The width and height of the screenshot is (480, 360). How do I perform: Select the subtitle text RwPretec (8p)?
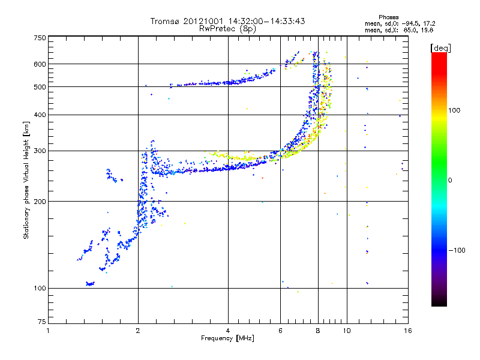[227, 29]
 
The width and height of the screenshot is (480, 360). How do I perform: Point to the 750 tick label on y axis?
[40, 38]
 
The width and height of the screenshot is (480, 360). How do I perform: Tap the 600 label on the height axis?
[40, 64]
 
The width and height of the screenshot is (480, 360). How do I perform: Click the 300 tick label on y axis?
[40, 151]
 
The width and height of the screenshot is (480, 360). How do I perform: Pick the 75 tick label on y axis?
[42, 322]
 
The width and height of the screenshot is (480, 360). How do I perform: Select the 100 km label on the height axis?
[40, 289]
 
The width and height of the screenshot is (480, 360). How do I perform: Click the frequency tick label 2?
[138, 331]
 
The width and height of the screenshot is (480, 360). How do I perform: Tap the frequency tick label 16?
[408, 331]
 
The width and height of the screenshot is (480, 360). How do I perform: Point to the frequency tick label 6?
[280, 331]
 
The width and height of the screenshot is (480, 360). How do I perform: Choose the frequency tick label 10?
[347, 331]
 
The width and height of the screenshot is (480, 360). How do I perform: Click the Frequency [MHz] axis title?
[227, 338]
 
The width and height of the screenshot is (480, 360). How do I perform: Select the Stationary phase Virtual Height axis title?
[26, 181]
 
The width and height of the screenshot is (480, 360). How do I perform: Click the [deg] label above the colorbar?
[440, 49]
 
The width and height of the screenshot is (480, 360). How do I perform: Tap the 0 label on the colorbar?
[449, 181]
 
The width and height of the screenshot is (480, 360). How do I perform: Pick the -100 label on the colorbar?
[457, 250]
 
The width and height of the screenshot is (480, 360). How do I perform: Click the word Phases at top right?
[388, 17]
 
